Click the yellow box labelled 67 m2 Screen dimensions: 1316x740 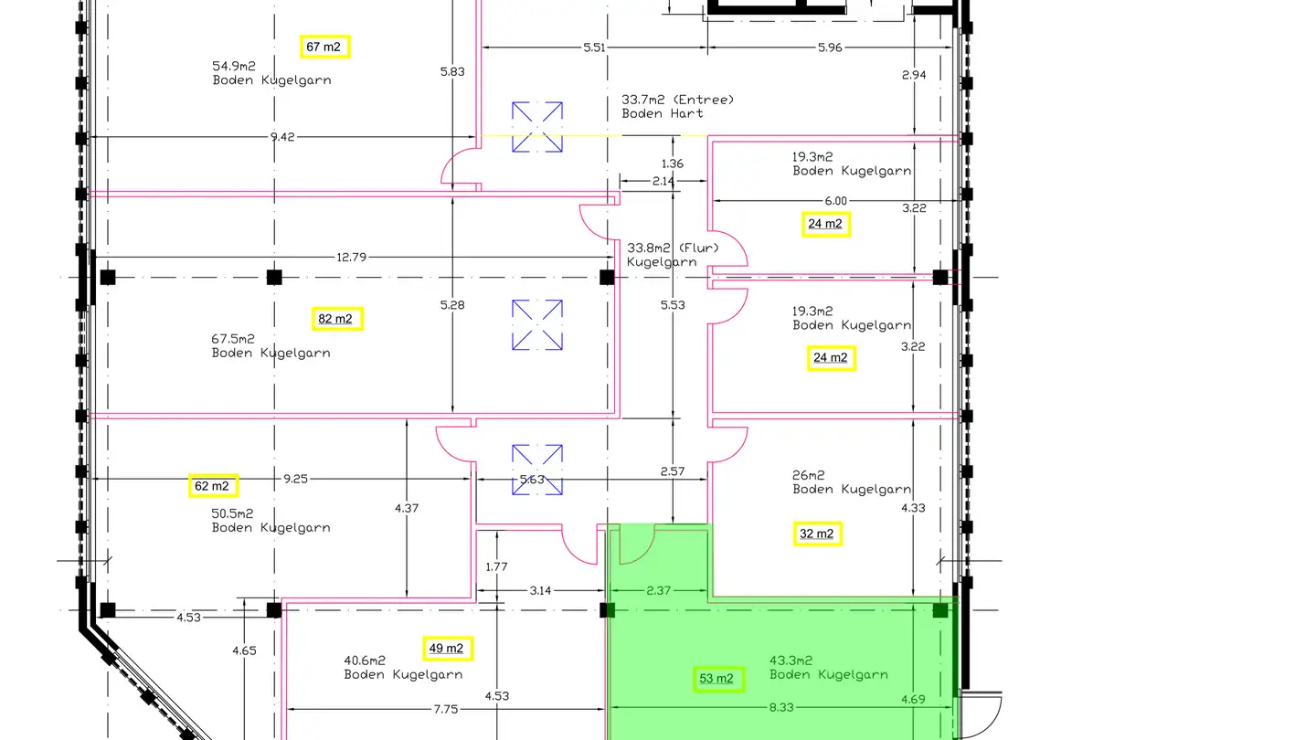point(325,47)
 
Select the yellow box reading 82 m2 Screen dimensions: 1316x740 point(337,319)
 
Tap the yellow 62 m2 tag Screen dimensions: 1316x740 point(213,486)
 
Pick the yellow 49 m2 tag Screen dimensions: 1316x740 point(448,649)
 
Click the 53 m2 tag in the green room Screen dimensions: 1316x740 point(718,679)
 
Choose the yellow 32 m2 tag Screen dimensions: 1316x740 point(817,534)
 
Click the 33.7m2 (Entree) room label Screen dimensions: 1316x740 point(678,100)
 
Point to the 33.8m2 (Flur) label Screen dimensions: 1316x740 point(674,248)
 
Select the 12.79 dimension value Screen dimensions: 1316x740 point(351,258)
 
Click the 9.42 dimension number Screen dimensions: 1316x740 point(282,137)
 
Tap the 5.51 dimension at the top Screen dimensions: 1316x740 point(594,48)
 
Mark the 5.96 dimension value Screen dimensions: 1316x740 point(830,48)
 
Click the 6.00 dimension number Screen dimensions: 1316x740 point(836,201)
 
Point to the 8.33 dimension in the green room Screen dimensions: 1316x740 point(781,707)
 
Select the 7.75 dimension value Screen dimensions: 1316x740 point(446,710)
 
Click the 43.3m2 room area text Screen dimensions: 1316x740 point(791,661)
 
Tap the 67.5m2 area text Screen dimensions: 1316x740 point(233,339)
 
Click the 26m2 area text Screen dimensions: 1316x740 point(809,474)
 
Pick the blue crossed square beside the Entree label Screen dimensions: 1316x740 point(537,127)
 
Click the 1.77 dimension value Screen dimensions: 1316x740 point(496,566)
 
